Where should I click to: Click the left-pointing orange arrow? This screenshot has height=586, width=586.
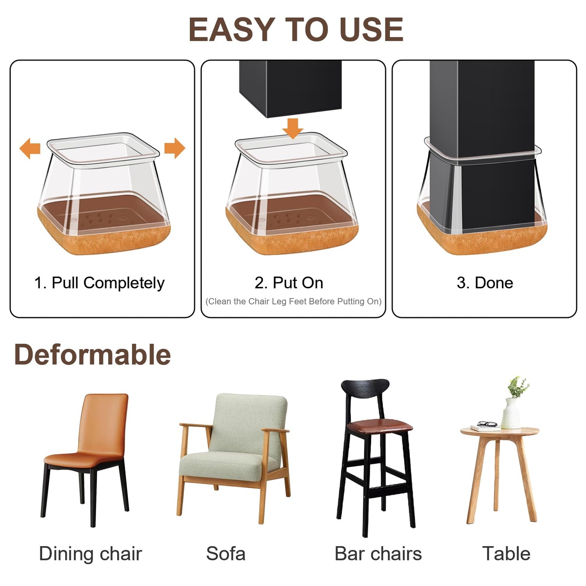tap(30, 148)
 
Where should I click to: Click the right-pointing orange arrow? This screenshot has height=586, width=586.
tap(175, 148)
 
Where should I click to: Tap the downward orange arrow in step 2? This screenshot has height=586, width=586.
tap(292, 128)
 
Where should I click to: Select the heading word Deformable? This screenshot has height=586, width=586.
tap(92, 354)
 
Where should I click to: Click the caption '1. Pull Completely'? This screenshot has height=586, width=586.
tap(99, 283)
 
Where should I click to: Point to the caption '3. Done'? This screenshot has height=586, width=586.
tap(485, 283)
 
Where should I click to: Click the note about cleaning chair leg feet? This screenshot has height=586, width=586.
tap(293, 301)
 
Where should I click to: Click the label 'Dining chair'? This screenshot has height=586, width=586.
tap(90, 554)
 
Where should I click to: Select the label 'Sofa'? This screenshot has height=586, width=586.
tap(225, 554)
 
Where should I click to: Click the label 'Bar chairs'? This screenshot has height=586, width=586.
tap(378, 554)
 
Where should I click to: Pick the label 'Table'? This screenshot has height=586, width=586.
tap(506, 554)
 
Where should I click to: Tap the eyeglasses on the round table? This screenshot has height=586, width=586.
tap(487, 424)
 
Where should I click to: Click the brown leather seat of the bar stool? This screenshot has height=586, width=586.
tap(380, 426)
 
